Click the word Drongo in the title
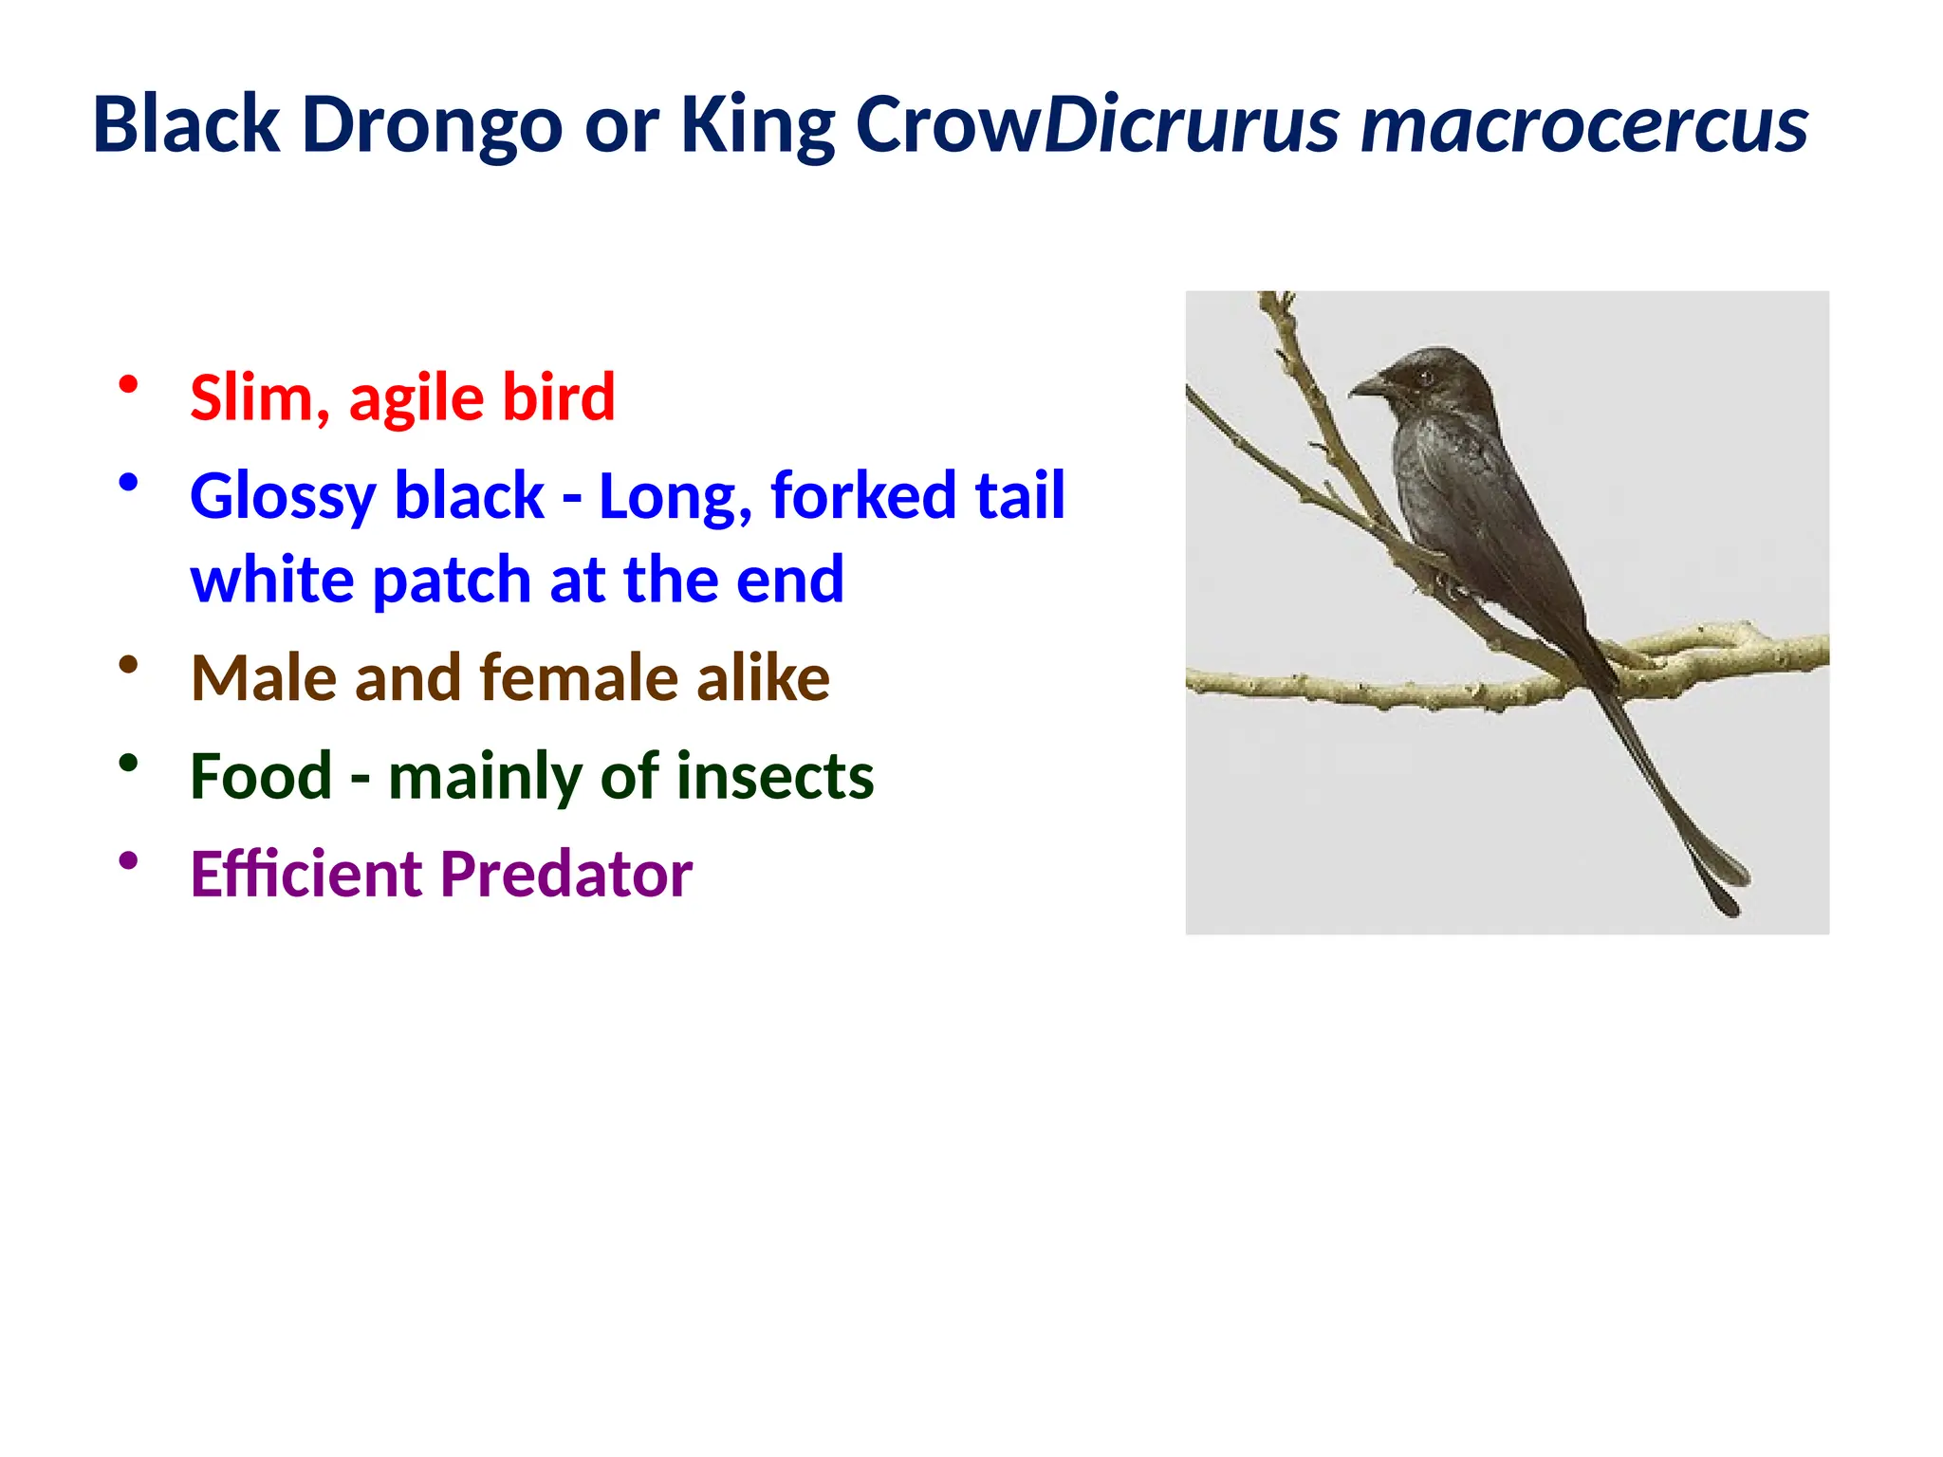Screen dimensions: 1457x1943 [x=432, y=126]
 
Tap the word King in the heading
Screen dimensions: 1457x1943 [x=757, y=126]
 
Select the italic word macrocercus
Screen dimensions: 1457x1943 [x=1583, y=126]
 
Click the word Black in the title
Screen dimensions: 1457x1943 [x=186, y=126]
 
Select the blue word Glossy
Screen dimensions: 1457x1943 [x=283, y=497]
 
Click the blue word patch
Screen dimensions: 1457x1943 [x=451, y=580]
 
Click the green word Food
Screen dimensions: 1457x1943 [x=261, y=776]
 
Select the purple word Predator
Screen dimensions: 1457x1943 [x=566, y=874]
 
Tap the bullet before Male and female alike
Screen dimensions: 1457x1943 [x=129, y=665]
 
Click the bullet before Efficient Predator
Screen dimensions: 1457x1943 [x=129, y=861]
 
